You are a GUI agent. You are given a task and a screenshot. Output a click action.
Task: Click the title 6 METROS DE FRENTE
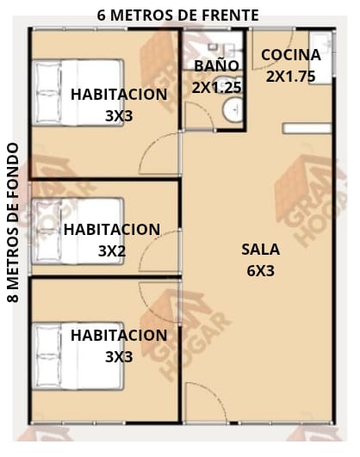(177, 15)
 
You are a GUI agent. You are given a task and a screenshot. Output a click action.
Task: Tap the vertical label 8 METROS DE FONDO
(13, 223)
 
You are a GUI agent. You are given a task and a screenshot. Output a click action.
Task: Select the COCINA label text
(291, 55)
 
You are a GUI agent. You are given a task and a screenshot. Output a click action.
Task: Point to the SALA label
(260, 250)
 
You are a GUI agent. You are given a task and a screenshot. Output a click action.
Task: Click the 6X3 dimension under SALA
(260, 271)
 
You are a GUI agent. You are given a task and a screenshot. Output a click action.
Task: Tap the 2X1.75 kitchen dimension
(290, 77)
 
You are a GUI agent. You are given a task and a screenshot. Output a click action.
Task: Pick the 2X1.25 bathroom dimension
(216, 88)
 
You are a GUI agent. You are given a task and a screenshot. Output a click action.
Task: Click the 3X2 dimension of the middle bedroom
(112, 251)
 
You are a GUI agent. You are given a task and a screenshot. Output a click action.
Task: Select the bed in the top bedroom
(78, 93)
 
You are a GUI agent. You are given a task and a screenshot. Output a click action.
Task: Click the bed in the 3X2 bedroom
(78, 232)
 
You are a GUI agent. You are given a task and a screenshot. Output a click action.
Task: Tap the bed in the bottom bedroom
(78, 355)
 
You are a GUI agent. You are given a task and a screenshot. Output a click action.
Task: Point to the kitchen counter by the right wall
(321, 58)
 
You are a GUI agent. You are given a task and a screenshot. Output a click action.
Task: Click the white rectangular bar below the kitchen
(307, 128)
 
